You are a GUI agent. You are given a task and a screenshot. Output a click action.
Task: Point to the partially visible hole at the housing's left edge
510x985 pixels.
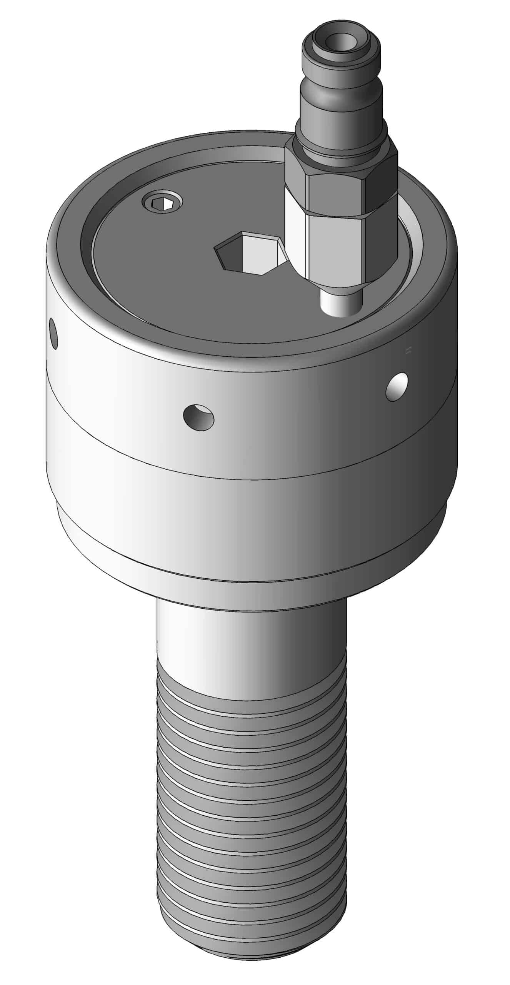pos(54,333)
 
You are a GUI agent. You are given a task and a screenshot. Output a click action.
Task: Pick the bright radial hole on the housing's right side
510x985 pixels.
pos(397,387)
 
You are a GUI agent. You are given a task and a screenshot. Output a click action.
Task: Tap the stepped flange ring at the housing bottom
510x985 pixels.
pos(250,554)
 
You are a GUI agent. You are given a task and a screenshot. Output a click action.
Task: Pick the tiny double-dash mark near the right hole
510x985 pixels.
pos(408,350)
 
